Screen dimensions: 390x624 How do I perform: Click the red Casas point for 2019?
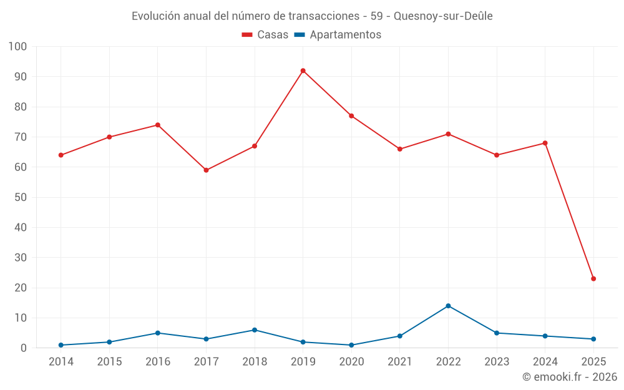[x=303, y=71]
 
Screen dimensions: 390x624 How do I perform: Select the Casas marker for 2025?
[x=593, y=279]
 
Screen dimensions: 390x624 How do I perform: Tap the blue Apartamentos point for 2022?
[x=448, y=306]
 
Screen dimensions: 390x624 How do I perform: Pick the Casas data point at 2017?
[x=206, y=170]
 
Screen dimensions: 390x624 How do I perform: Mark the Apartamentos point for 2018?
[x=255, y=330]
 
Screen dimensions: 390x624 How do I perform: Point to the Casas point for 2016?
[x=158, y=125]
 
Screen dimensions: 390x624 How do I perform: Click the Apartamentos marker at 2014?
[x=61, y=345]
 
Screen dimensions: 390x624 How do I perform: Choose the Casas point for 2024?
[x=545, y=143]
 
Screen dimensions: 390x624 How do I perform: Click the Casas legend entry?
[x=265, y=35]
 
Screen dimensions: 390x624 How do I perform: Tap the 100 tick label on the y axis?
[x=18, y=47]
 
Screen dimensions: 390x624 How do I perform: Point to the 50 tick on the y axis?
[x=21, y=197]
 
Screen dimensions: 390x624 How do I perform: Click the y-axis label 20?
[x=21, y=288]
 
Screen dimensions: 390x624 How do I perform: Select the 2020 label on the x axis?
[x=351, y=362]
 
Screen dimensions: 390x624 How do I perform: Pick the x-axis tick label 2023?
[x=497, y=362]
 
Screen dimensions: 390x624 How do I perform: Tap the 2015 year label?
[x=109, y=362]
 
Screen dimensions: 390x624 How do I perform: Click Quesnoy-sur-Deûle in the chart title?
[x=444, y=16]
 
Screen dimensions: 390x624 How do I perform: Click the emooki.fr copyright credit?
[x=570, y=377]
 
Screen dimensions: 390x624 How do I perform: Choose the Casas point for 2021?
[x=400, y=149]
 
